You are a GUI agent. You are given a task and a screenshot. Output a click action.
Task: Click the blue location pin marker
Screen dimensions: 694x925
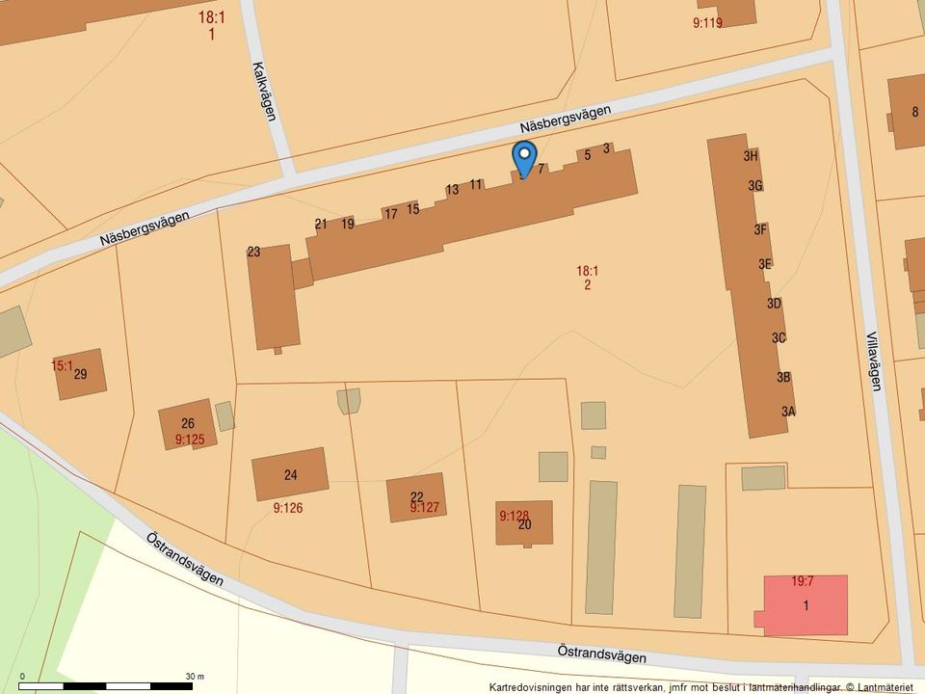(523, 156)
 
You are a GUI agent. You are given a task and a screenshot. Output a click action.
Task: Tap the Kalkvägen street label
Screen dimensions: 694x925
(263, 92)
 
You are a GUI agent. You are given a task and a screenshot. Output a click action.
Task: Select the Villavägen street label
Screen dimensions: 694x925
(874, 361)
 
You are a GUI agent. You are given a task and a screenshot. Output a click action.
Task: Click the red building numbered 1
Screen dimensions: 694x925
(806, 605)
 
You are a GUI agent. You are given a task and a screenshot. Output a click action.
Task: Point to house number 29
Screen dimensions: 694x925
(80, 374)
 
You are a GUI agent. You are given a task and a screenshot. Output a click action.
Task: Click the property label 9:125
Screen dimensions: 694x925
(190, 440)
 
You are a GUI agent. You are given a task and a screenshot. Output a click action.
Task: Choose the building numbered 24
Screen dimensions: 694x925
(290, 474)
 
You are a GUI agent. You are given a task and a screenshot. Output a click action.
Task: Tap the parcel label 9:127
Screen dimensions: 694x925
(424, 507)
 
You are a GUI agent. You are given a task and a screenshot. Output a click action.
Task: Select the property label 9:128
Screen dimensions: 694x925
(515, 516)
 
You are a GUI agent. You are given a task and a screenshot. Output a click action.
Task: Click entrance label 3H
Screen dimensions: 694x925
(752, 155)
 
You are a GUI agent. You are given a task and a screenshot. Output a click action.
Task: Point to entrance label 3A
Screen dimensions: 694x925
(788, 412)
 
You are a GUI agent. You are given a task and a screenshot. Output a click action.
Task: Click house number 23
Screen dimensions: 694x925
(253, 252)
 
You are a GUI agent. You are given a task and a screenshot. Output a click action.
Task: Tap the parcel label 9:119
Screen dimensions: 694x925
(707, 23)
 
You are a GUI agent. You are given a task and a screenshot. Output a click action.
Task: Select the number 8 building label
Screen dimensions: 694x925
(914, 112)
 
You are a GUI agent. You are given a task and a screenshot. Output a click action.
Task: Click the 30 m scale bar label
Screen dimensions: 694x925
(196, 676)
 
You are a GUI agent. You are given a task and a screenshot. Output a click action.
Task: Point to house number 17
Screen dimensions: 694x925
(390, 214)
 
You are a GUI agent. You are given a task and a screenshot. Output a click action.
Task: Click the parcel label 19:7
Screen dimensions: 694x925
(804, 581)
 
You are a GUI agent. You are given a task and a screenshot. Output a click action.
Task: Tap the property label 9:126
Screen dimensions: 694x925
(288, 507)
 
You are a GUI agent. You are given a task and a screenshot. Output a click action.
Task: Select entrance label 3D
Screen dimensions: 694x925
(774, 303)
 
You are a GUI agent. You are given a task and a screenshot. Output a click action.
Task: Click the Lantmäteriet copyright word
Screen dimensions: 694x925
(886, 687)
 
